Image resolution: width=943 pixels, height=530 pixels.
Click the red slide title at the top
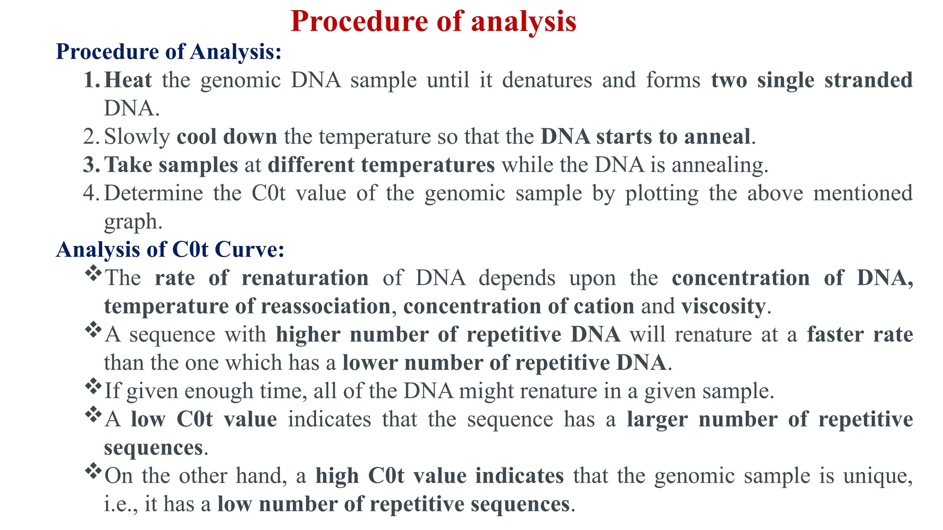pos(433,21)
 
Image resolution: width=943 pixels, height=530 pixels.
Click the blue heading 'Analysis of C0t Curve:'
pos(170,249)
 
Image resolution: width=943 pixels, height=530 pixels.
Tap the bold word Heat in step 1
pos(128,80)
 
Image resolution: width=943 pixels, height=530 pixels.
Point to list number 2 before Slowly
pos(91,137)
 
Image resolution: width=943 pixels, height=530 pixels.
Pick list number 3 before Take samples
pos(91,165)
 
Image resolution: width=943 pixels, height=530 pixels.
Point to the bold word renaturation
pos(305,278)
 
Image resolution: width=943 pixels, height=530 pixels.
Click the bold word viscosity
pos(723,306)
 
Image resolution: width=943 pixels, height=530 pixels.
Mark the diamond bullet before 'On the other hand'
pos(93,471)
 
